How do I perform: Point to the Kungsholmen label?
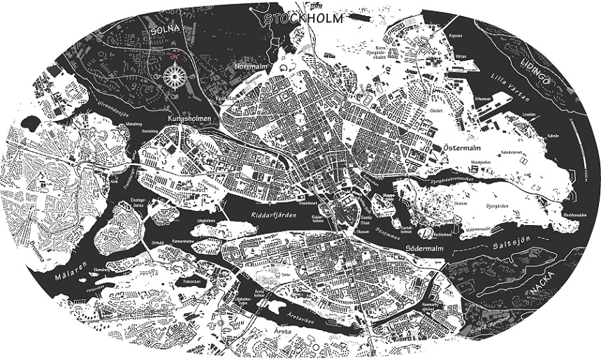tap(189, 120)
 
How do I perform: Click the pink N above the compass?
tap(175, 55)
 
